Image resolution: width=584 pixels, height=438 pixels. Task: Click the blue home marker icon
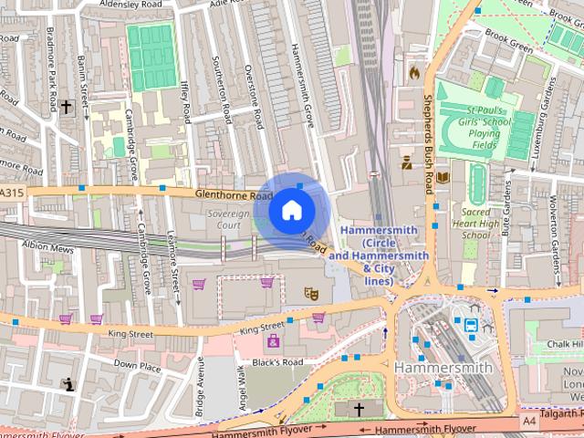[291, 210]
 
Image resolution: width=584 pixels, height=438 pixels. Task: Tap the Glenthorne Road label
[233, 195]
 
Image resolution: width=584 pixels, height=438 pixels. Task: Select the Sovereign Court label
[216, 218]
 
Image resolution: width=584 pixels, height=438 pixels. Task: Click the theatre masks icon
[310, 293]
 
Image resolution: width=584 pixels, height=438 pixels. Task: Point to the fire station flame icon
[414, 70]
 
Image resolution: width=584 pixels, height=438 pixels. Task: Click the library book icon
[443, 176]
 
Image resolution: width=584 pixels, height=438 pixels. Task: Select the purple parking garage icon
[273, 342]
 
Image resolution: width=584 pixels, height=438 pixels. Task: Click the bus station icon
[471, 324]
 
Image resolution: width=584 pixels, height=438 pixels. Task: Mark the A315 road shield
[10, 193]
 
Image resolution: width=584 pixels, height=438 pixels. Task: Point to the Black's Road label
[276, 361]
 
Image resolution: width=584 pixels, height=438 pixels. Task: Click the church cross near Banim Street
[66, 107]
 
